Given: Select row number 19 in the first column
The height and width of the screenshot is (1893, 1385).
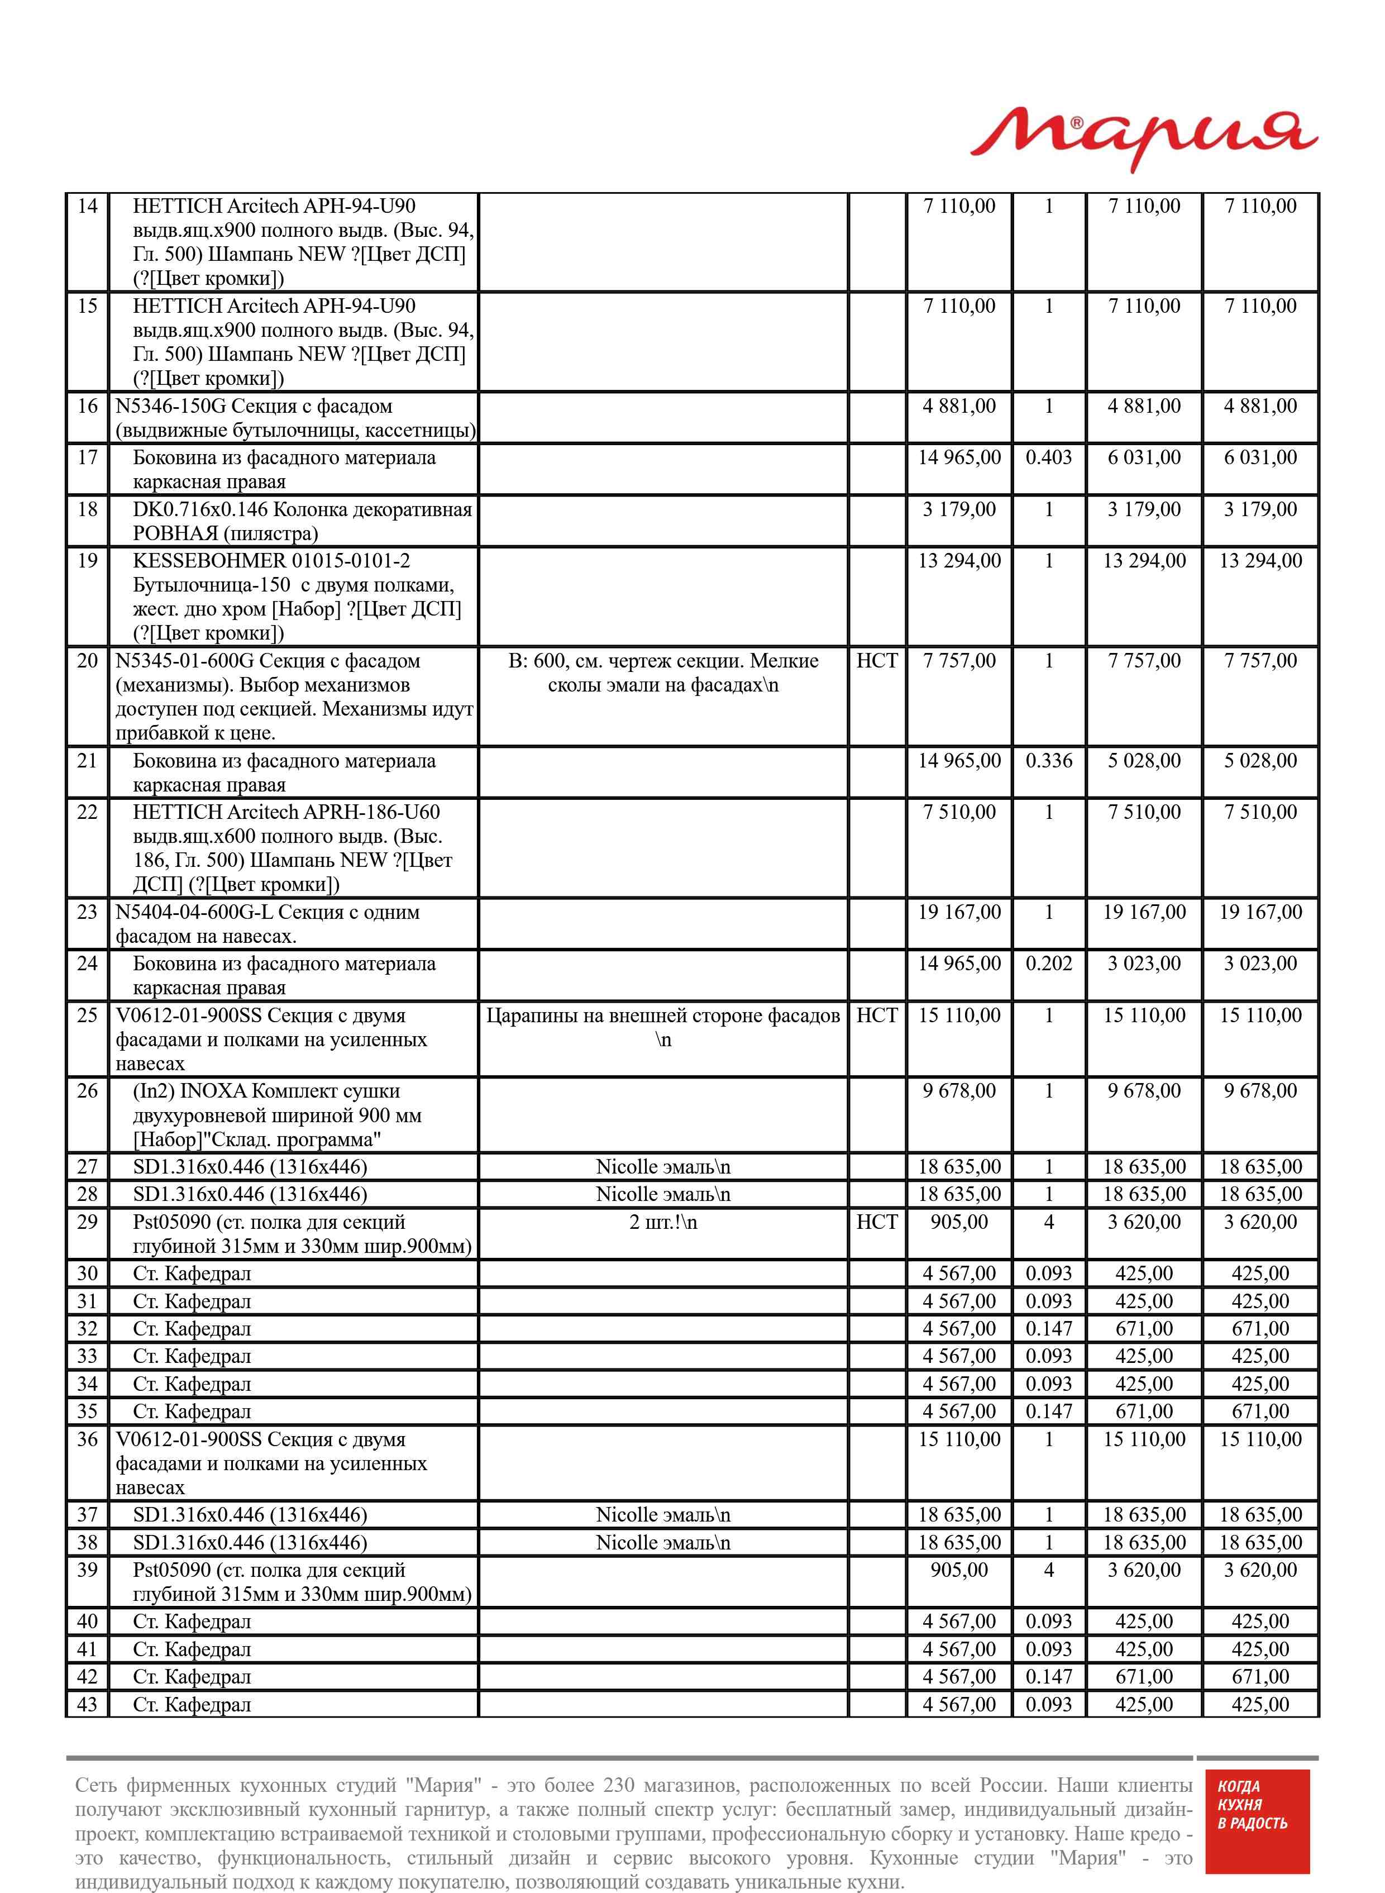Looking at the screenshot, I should [87, 561].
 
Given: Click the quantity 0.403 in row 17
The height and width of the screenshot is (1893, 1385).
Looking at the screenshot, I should [1048, 457].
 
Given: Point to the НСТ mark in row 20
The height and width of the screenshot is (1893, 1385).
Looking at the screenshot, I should [876, 661].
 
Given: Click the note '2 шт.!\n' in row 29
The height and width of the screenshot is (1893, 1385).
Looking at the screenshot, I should [662, 1222].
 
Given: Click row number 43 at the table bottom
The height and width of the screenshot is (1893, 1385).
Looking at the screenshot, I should [87, 1704].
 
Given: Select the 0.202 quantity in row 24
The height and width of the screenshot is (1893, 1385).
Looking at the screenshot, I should [1048, 964].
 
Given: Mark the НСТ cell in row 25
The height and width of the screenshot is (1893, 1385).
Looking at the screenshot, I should [876, 1015].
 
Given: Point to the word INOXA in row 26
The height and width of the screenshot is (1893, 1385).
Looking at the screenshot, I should [213, 1091].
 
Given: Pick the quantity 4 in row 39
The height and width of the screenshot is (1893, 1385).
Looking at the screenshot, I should [1048, 1570].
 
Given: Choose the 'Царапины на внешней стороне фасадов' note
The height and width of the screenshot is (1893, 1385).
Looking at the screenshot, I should [662, 1016].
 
